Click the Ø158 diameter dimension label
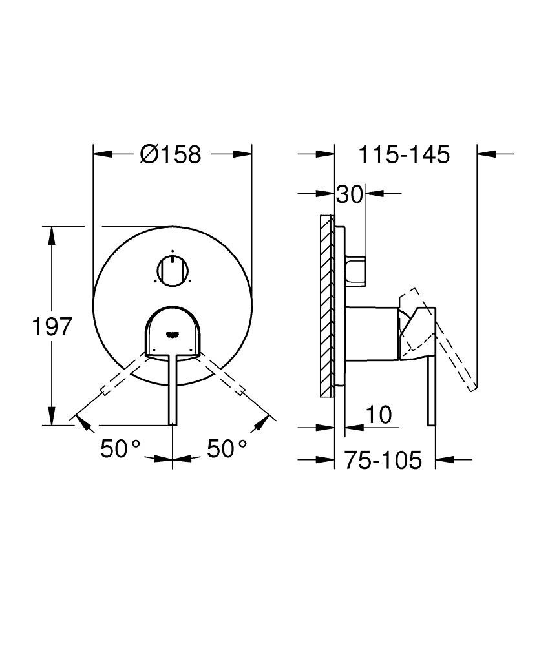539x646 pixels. [x=171, y=154]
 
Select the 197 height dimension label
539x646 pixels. [x=51, y=328]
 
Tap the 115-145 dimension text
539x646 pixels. [x=404, y=155]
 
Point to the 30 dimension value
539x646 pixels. [x=350, y=194]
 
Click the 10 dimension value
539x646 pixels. [x=379, y=415]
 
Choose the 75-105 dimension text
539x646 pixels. [x=383, y=460]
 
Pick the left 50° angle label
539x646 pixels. [x=120, y=448]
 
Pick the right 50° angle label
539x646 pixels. [x=227, y=448]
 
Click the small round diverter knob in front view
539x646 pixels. [x=172, y=269]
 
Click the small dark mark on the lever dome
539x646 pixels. [x=172, y=335]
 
